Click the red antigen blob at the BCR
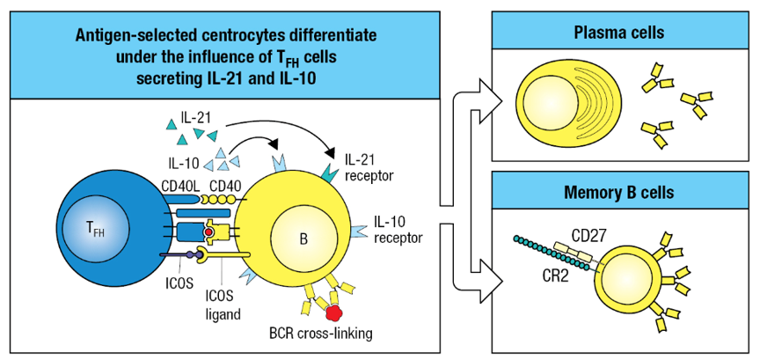pyautogui.click(x=333, y=312)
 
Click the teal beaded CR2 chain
pyautogui.click(x=541, y=249)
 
